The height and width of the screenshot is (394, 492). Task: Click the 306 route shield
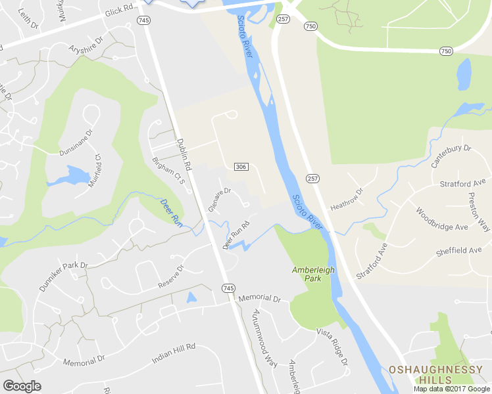240,167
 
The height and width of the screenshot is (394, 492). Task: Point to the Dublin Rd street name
184,155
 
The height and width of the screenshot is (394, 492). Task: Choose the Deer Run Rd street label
237,235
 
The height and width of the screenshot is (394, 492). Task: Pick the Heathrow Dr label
347,198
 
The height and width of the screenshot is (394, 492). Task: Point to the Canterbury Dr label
451,157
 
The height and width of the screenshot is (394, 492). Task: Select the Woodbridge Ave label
441,219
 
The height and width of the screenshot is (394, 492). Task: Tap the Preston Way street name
479,211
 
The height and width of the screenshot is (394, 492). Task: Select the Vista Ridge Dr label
331,347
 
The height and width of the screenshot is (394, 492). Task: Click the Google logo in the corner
22,386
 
